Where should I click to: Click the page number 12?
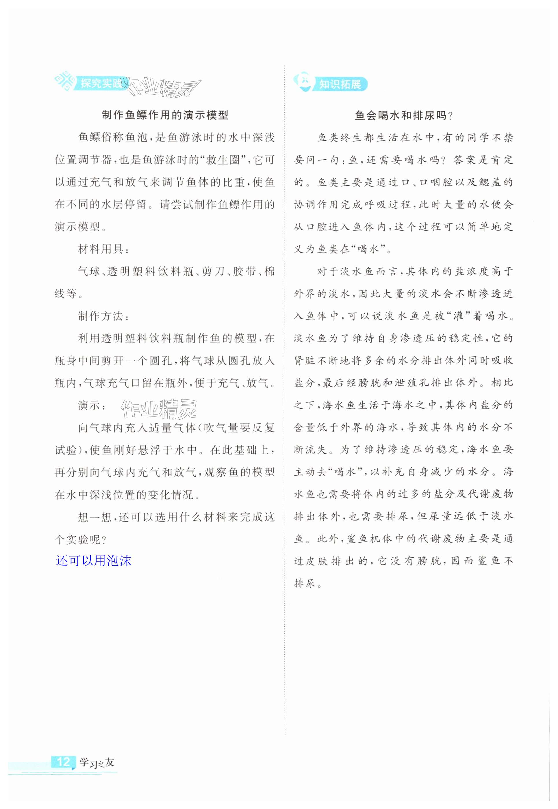[63, 761]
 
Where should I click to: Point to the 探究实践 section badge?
[100, 83]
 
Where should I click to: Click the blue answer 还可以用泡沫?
[93, 561]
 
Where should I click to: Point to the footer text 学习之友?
[97, 762]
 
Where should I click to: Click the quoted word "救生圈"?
[228, 160]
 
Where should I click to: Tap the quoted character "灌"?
[458, 316]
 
